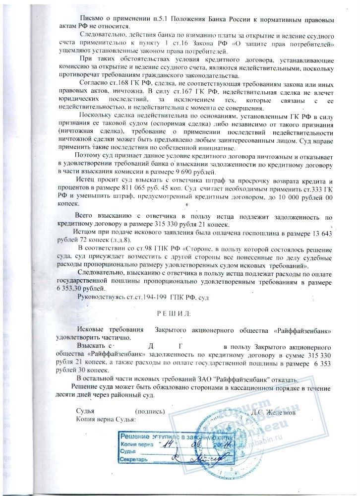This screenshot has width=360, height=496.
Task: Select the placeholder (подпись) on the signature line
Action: click(149, 412)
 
